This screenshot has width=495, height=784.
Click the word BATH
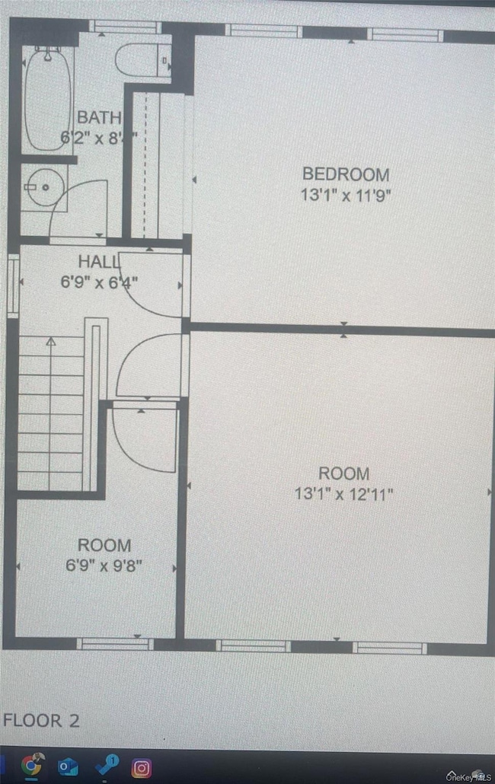pyautogui.click(x=98, y=117)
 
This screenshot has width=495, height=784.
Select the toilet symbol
pyautogui.click(x=142, y=60)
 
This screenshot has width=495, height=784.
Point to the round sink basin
pyautogui.click(x=42, y=187)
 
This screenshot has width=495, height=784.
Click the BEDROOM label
pyautogui.click(x=346, y=174)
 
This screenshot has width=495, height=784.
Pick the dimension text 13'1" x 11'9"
pyautogui.click(x=346, y=194)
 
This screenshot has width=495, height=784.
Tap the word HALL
pyautogui.click(x=99, y=262)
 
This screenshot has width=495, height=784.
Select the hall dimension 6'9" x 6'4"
pyautogui.click(x=99, y=282)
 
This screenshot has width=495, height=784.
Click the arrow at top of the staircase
pyautogui.click(x=51, y=342)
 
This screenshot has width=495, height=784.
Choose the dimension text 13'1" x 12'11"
pyautogui.click(x=344, y=494)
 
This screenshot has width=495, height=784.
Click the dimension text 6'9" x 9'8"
pyautogui.click(x=104, y=566)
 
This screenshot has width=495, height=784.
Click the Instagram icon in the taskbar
pyautogui.click(x=142, y=766)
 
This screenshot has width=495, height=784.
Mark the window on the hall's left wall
pyautogui.click(x=12, y=285)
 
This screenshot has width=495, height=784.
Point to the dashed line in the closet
pyautogui.click(x=145, y=164)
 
